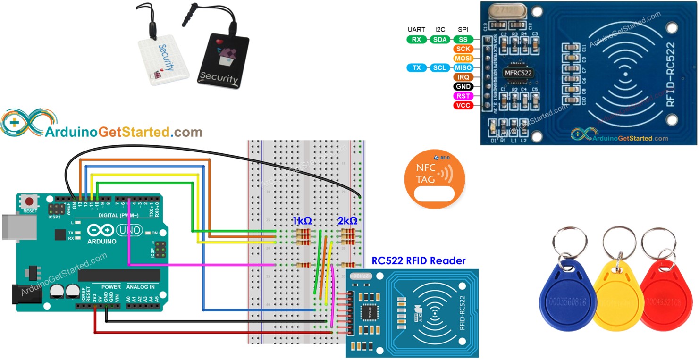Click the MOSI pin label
(x=463, y=59)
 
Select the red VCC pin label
(x=463, y=106)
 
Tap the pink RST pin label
(x=463, y=96)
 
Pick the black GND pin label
(x=463, y=87)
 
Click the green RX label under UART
(x=416, y=40)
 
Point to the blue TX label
(x=416, y=68)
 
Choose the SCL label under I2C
(x=439, y=68)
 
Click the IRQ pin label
(x=463, y=77)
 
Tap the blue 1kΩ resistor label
(x=302, y=221)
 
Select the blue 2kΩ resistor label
(x=347, y=221)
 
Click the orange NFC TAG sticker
(x=434, y=179)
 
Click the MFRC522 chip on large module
(x=518, y=73)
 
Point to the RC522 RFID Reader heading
(x=418, y=260)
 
